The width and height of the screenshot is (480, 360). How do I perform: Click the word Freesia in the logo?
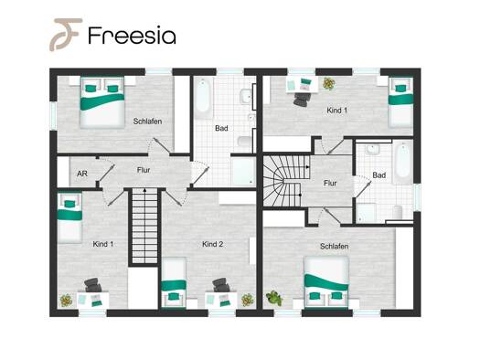tap(132, 35)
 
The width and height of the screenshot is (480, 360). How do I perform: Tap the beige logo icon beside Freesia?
tap(66, 34)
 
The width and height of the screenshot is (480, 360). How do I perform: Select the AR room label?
tap(82, 174)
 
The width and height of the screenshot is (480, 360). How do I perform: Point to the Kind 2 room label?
tap(212, 244)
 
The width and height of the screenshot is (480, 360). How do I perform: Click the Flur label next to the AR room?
tap(144, 170)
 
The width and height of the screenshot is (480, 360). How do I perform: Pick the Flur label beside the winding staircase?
tap(330, 183)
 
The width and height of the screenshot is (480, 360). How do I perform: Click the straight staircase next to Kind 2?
tap(144, 226)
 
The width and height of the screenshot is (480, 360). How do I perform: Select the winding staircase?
tap(286, 181)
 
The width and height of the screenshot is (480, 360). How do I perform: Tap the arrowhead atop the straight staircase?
tap(145, 190)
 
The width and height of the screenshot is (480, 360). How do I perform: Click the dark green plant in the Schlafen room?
tap(273, 298)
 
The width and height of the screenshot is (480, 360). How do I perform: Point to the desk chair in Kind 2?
tap(221, 285)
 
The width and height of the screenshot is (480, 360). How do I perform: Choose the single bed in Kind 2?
tap(174, 283)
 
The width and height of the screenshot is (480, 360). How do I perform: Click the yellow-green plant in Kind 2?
tap(248, 300)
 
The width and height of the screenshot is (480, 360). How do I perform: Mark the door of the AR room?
tap(107, 173)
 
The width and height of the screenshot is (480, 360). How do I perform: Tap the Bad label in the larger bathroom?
tap(221, 128)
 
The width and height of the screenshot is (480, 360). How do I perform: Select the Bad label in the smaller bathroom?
tap(379, 175)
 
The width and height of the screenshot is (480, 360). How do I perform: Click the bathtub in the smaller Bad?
tap(402, 162)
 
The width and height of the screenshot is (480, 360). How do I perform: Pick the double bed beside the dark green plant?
tap(326, 282)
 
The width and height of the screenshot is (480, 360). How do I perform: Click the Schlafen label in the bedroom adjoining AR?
tap(147, 122)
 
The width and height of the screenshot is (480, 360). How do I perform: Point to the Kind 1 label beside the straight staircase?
tap(102, 244)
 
